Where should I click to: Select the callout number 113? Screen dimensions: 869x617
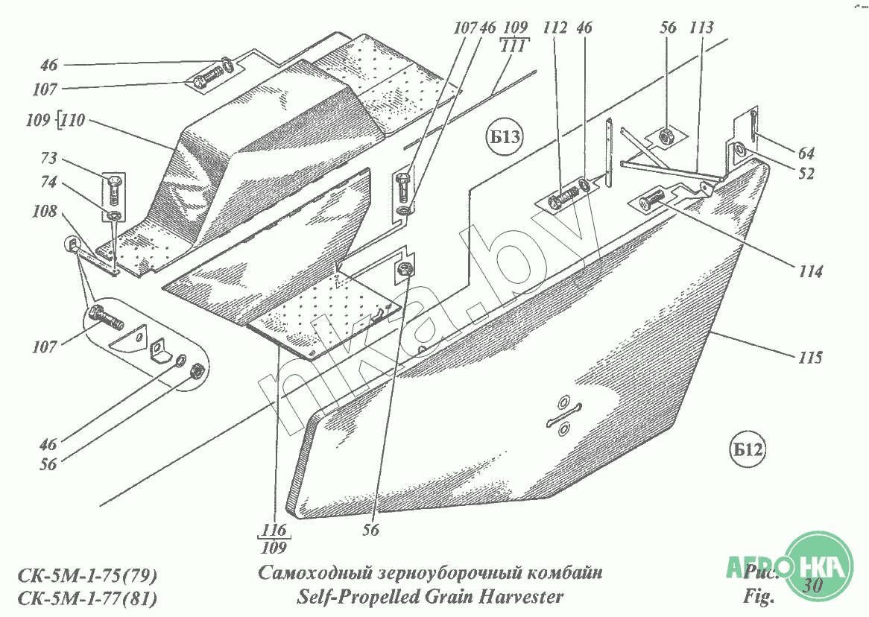[701, 28]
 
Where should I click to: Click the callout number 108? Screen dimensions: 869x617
[44, 212]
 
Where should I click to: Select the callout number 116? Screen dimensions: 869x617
[274, 530]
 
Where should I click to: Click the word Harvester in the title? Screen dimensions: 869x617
[521, 596]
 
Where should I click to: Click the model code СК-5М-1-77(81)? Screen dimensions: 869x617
[86, 598]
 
